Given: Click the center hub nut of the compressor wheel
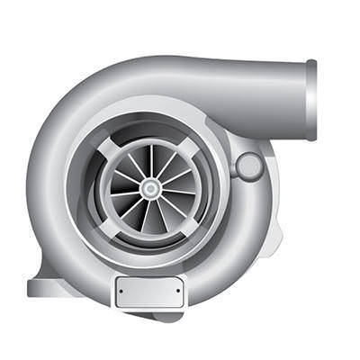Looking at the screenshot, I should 150,189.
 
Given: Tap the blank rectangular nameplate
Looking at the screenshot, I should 149,291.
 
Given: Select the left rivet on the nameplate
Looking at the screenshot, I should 121,291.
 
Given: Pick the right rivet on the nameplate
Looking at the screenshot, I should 177,291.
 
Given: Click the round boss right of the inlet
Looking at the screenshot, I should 248,166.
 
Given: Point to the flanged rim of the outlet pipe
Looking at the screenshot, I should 311,99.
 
